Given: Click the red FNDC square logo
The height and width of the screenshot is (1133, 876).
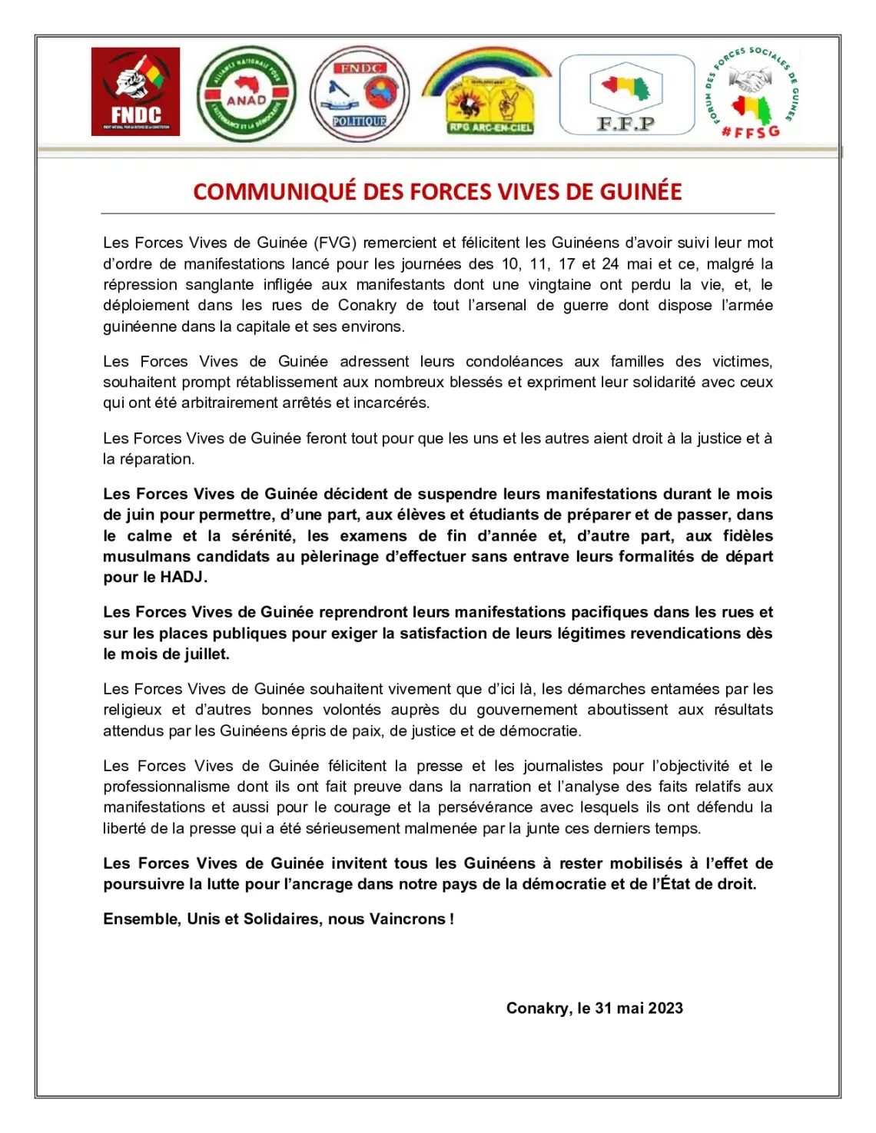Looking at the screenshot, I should pyautogui.click(x=135, y=91).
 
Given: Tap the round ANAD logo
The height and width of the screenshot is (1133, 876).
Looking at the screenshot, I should pyautogui.click(x=246, y=94).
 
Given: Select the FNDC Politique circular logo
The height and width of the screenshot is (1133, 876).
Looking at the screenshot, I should pyautogui.click(x=360, y=94).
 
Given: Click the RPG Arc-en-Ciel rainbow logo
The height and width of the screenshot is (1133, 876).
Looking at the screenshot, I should pyautogui.click(x=488, y=92).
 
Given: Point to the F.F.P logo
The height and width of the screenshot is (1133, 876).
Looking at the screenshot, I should pyautogui.click(x=626, y=94).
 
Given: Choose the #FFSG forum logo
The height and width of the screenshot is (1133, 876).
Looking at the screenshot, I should pyautogui.click(x=752, y=92).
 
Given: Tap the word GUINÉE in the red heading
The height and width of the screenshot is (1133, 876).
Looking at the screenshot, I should pyautogui.click(x=641, y=191).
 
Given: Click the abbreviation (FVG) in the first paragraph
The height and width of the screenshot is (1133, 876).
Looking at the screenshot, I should pyautogui.click(x=335, y=243).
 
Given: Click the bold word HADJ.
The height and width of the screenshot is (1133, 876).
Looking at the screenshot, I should pyautogui.click(x=183, y=577).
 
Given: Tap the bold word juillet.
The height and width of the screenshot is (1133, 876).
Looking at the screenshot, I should pyautogui.click(x=206, y=654).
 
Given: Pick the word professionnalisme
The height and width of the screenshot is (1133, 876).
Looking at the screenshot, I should pyautogui.click(x=167, y=787).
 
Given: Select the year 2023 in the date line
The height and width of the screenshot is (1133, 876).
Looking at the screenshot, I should pyautogui.click(x=665, y=1008).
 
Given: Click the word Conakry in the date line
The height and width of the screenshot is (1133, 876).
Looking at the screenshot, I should pyautogui.click(x=537, y=1008).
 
